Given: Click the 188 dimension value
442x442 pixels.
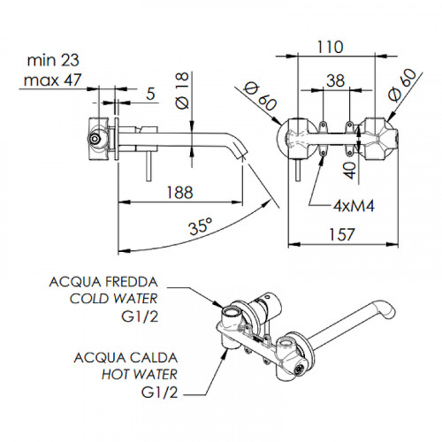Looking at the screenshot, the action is click(179, 193).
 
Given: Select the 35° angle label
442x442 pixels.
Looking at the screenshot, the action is click(201, 226).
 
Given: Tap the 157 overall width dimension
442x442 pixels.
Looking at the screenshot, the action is click(341, 234).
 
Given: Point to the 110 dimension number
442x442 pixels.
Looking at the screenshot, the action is click(330, 47).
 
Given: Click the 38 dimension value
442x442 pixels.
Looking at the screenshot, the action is click(336, 80).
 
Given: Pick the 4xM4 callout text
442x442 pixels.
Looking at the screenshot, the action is click(354, 206).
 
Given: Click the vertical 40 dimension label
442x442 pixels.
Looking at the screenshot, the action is click(351, 170).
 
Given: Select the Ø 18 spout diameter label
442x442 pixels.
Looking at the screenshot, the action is click(182, 90).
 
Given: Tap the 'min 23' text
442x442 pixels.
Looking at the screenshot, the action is click(53, 60).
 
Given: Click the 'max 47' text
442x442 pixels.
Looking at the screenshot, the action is click(52, 80).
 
